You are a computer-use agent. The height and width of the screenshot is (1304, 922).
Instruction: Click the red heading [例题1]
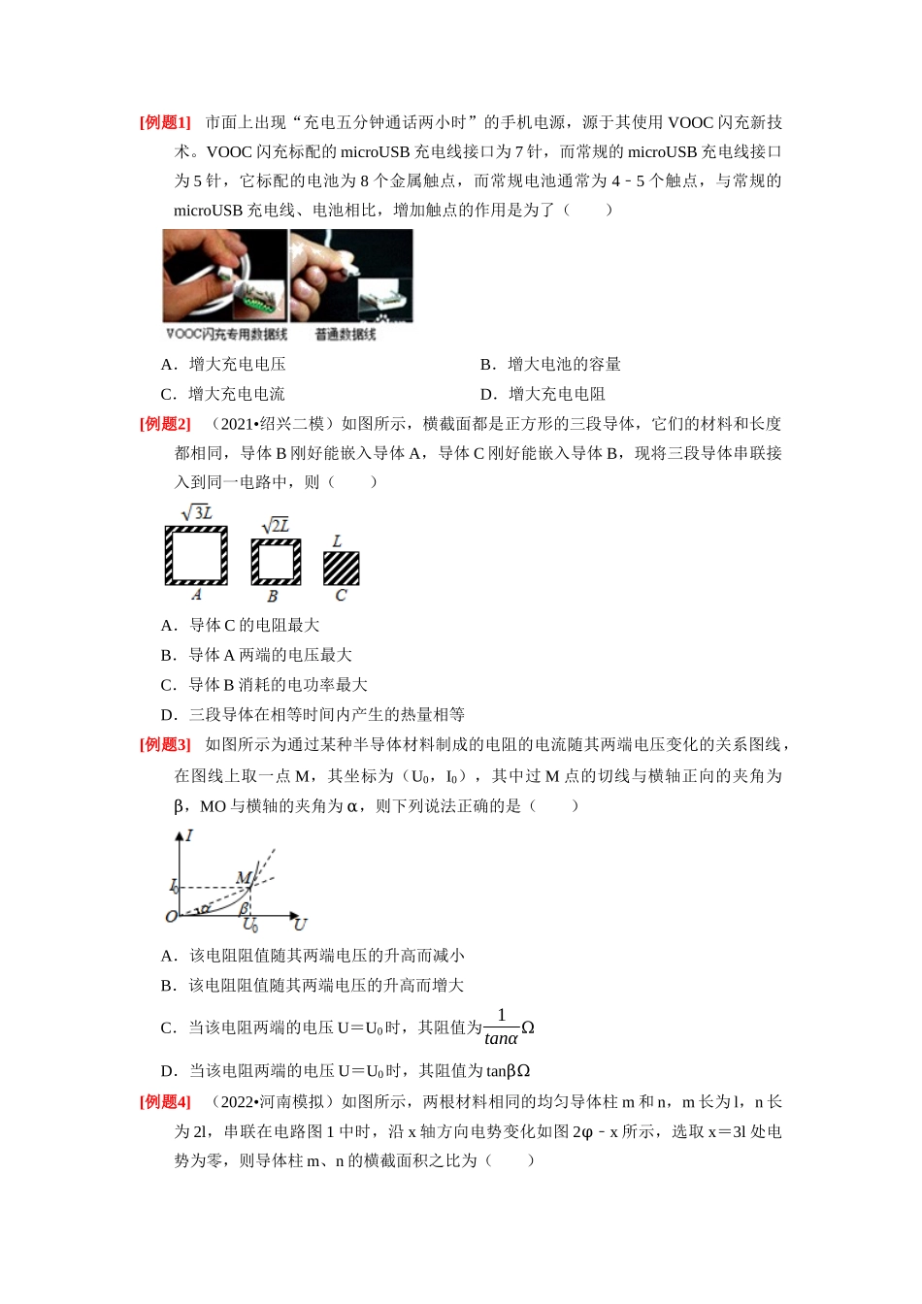click(165, 122)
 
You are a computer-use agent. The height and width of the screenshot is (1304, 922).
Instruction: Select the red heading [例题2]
click(165, 423)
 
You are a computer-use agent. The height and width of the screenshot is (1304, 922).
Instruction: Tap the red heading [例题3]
click(165, 744)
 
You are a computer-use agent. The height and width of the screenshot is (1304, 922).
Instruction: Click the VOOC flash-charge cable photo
click(225, 276)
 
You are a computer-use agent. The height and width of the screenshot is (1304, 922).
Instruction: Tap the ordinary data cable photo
click(351, 276)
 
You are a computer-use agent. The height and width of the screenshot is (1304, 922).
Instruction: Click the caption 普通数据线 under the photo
click(346, 334)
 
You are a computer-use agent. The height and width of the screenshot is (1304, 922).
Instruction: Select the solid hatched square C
click(342, 569)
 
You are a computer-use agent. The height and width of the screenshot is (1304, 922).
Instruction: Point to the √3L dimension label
click(197, 513)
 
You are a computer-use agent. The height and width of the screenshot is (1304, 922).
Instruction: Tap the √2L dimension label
click(276, 526)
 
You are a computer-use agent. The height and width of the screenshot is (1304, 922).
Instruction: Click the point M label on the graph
click(243, 877)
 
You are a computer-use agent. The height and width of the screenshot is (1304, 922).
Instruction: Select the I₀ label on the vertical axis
click(174, 887)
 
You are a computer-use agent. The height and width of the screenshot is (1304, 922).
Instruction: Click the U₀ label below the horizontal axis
click(249, 924)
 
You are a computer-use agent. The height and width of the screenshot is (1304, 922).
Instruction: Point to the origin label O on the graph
click(171, 917)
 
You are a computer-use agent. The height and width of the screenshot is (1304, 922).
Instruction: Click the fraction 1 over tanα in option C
click(501, 1027)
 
